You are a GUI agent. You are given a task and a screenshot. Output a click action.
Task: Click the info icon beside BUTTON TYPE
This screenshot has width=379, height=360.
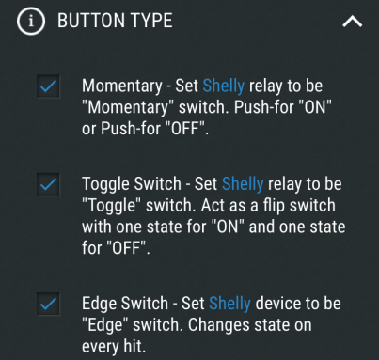tap(31, 22)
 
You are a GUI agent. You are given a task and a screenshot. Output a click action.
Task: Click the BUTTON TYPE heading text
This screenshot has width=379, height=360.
tap(115, 21)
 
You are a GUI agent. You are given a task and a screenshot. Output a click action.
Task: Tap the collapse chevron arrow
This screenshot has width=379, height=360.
tap(353, 22)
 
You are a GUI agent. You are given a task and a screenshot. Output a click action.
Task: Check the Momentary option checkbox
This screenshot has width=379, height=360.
tap(48, 86)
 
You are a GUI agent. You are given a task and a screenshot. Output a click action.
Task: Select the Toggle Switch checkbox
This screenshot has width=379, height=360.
tap(48, 184)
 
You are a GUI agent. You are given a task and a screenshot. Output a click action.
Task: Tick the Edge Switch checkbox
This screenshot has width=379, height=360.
tap(48, 304)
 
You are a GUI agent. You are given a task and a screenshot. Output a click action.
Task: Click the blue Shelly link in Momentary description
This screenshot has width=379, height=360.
tap(224, 86)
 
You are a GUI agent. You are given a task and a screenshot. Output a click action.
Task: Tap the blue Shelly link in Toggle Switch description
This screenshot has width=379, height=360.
tap(243, 184)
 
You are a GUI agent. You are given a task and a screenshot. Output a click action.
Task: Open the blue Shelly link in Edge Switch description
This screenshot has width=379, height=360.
tap(229, 304)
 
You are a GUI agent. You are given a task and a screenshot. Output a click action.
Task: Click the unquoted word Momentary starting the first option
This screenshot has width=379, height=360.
tap(122, 86)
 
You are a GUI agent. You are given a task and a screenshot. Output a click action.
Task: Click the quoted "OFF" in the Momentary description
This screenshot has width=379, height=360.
tap(185, 129)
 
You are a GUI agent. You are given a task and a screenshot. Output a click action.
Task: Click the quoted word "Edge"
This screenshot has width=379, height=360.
tap(105, 325)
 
